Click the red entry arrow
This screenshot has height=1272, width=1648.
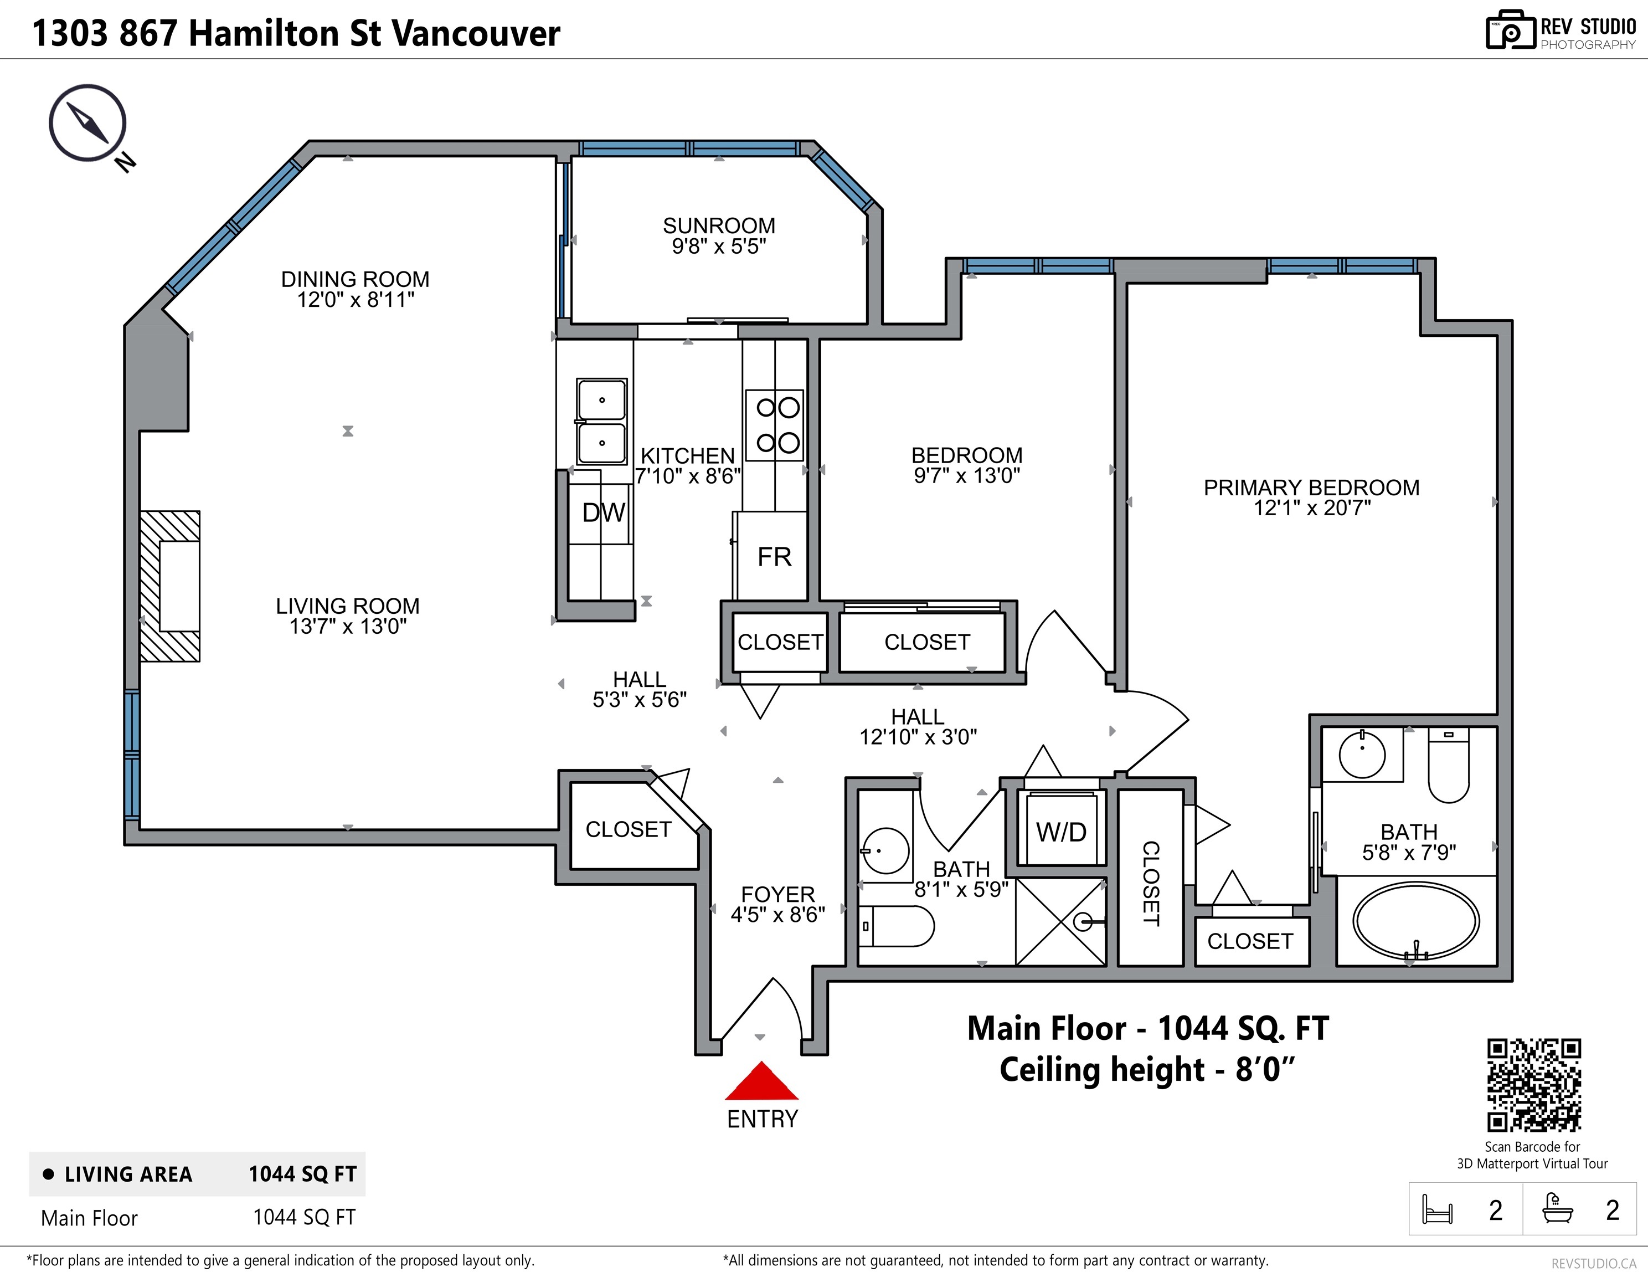761,1080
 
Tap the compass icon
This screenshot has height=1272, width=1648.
87,123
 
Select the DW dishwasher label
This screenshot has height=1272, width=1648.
604,512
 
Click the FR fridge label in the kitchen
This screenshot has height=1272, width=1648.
774,557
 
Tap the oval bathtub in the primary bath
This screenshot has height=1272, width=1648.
1415,921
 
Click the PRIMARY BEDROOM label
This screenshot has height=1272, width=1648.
1311,488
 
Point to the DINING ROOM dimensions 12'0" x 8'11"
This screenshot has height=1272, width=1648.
356,300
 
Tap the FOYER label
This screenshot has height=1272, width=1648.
778,895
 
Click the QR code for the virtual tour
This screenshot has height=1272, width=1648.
1534,1085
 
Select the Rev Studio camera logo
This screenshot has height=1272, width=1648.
1511,31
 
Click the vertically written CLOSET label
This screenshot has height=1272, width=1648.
1151,883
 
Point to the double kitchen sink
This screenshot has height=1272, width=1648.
601,421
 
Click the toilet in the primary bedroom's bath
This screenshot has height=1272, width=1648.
1449,766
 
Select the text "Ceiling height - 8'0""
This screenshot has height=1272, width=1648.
1147,1070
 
